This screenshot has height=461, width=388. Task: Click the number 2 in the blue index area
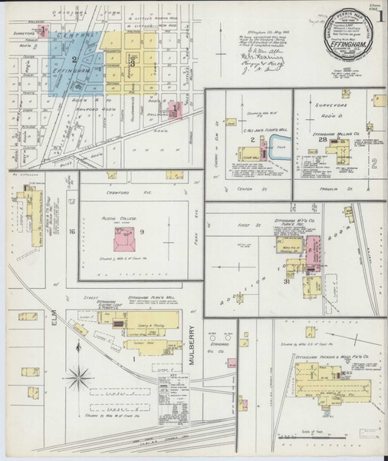coord(74,59)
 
